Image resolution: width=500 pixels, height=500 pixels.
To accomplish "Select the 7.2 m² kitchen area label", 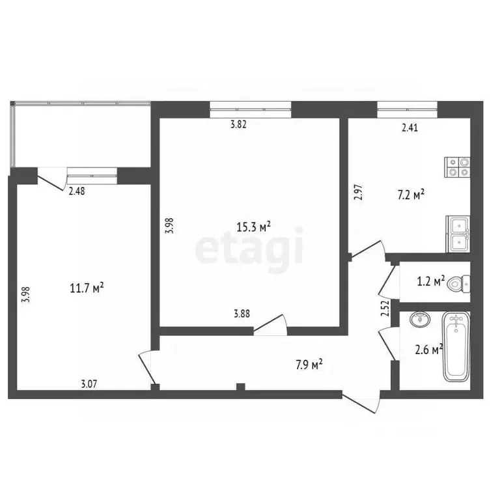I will [x=411, y=194].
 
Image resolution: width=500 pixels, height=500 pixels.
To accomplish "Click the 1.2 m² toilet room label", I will [x=431, y=281].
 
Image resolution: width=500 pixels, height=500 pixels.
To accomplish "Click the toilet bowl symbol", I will [x=462, y=283].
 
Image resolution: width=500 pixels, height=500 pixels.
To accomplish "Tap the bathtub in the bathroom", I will [x=456, y=348].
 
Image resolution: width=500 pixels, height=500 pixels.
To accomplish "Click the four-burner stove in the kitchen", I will [x=456, y=167].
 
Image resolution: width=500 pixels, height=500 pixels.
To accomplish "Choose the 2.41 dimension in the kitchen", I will [x=409, y=128].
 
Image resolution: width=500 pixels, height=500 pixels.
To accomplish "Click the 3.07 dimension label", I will [x=89, y=383].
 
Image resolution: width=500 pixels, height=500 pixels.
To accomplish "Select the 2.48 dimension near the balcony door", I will [x=77, y=191].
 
